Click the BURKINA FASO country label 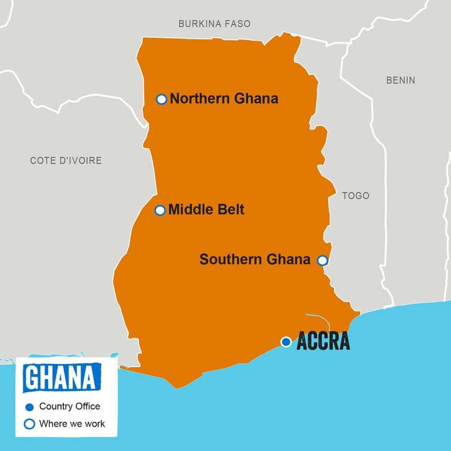pos(214,24)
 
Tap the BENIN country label pos(401,81)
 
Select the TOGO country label pos(355,196)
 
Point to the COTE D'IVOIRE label pos(66,160)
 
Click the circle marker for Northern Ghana pos(162,99)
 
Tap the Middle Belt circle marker pos(160,210)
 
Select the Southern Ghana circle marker pos(322,260)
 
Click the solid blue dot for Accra pos(286,342)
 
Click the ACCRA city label pos(323,341)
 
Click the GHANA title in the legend pos(62,377)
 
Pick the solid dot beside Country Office pos(30,407)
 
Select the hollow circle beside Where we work pos(30,424)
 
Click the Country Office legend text pos(70,406)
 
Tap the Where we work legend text pos(72,423)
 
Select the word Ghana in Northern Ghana pos(257,99)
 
